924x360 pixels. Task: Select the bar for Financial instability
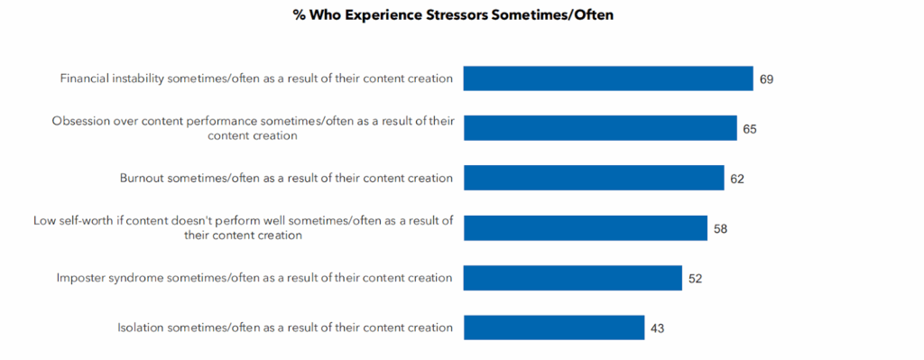[x=607, y=78]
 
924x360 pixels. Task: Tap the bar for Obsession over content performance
[x=599, y=128]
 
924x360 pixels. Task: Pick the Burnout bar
[x=593, y=178]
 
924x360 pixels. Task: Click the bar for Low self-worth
[x=585, y=227]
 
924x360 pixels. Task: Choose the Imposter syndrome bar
[x=572, y=278]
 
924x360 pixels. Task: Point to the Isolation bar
[x=553, y=328]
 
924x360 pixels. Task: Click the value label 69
[x=766, y=79]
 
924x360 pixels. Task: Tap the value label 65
[x=749, y=129]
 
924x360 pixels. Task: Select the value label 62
[x=736, y=179]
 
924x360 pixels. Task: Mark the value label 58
[x=720, y=228]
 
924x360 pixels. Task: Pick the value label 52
[x=695, y=279]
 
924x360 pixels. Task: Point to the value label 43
[x=657, y=328]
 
